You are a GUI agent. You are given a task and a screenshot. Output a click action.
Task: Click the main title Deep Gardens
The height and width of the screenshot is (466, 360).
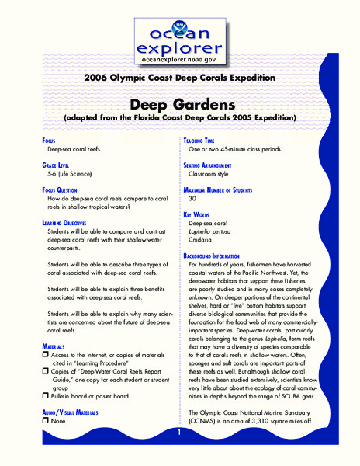[x=179, y=104]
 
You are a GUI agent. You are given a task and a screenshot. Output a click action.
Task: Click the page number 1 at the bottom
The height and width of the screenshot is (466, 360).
[x=179, y=432]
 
